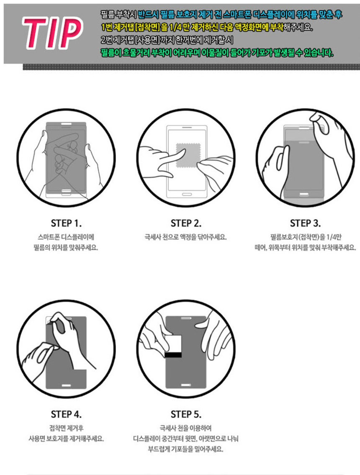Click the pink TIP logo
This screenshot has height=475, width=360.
click(x=52, y=33)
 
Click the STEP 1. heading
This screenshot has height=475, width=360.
click(x=66, y=223)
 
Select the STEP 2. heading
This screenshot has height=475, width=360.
click(x=186, y=223)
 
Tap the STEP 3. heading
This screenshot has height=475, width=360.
click(x=305, y=223)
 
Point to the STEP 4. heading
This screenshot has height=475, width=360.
click(x=66, y=414)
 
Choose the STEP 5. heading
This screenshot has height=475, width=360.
click(x=186, y=414)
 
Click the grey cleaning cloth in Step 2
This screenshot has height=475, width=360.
click(x=188, y=155)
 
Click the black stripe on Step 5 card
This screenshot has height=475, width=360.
click(x=173, y=355)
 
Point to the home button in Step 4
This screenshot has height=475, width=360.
click(x=67, y=385)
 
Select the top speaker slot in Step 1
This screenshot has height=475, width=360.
click(x=67, y=124)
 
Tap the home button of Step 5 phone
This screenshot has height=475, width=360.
click(x=186, y=385)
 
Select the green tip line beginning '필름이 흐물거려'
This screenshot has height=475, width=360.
click(x=217, y=53)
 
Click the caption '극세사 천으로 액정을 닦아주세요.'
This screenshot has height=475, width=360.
click(x=185, y=237)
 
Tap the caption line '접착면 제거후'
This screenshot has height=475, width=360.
click(x=66, y=428)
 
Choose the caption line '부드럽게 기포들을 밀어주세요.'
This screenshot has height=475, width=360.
click(x=185, y=449)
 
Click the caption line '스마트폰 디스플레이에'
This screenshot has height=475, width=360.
click(x=66, y=237)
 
